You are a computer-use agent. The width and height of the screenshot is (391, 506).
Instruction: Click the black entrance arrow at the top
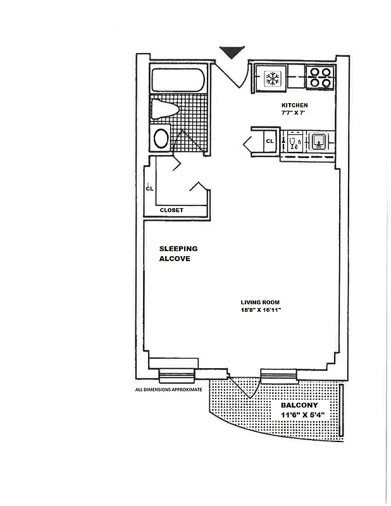click(231, 52)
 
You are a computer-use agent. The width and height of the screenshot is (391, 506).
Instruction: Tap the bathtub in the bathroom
click(178, 80)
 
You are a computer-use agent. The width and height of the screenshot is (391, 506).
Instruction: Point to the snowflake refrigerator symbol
click(273, 79)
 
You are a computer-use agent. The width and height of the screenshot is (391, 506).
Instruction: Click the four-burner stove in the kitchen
click(320, 77)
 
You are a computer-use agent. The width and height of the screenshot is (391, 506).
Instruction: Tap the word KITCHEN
click(294, 105)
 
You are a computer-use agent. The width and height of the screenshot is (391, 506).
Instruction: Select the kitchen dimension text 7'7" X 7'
click(294, 113)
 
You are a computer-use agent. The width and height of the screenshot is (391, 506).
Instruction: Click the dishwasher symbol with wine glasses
click(293, 140)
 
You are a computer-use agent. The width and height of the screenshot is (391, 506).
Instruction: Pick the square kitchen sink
click(319, 140)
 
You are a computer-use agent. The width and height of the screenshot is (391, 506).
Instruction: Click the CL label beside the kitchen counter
click(270, 140)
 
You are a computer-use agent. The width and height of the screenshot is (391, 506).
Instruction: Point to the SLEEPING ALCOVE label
click(178, 254)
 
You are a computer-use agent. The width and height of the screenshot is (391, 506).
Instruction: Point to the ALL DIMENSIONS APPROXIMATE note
click(168, 390)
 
